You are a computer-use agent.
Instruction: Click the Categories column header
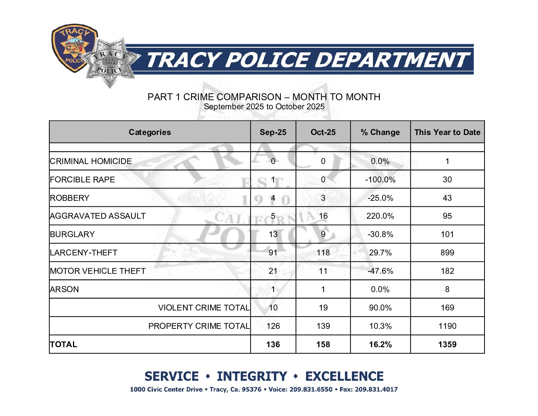tap(150, 132)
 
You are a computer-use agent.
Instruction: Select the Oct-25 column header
tap(323, 132)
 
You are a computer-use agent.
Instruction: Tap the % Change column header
tap(380, 132)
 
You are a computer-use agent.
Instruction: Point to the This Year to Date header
tap(447, 132)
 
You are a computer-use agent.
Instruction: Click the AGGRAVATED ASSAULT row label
tap(98, 216)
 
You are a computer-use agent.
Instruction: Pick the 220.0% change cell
tap(380, 216)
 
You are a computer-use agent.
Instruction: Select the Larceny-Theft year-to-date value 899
tap(447, 253)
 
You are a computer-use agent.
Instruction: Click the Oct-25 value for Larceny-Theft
tap(323, 253)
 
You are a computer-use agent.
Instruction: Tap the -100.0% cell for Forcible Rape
tap(380, 180)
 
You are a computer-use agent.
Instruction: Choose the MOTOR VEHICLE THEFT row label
tap(98, 271)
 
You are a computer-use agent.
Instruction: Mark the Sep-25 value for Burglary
tap(273, 234)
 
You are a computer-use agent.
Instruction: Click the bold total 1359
tap(447, 344)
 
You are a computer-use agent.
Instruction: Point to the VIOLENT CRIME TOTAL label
tap(204, 308)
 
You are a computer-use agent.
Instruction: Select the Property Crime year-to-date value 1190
tap(447, 326)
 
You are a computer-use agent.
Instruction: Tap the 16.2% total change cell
tap(380, 344)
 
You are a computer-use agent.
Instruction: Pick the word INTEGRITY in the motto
tap(252, 377)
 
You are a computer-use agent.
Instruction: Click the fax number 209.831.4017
tap(376, 390)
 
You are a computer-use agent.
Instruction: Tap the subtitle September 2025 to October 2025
tap(264, 107)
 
